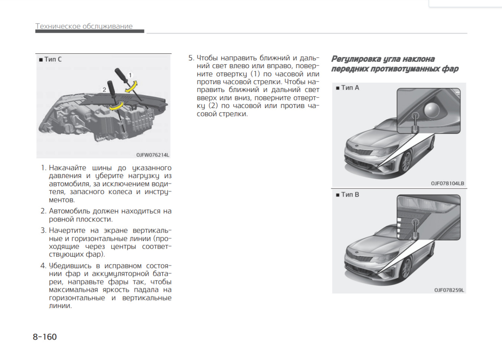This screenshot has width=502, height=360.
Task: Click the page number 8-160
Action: pos(45,337)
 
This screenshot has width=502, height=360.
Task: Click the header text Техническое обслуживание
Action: pos(84,26)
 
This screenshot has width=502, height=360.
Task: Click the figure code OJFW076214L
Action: pos(152,155)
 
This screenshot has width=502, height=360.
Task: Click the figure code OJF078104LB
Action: pos(447,184)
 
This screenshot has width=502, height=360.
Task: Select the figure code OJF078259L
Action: pos(449,290)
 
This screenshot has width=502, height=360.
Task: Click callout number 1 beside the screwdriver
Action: pos(130,75)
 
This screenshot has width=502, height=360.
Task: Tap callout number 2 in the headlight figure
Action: pos(104,90)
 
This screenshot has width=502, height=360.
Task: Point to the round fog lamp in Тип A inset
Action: pos(432,109)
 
